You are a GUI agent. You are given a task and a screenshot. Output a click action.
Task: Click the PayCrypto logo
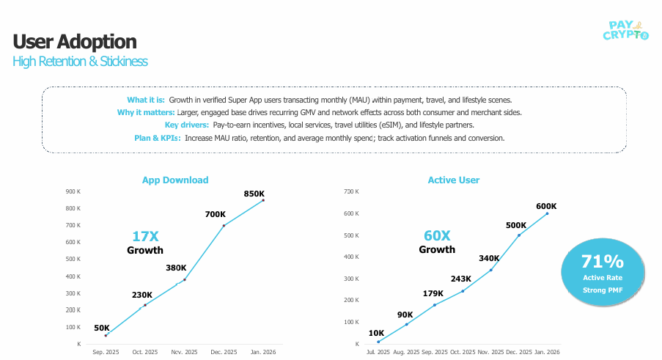pyautogui.click(x=625, y=29)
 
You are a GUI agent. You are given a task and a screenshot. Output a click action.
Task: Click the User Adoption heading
pyautogui.click(x=75, y=41)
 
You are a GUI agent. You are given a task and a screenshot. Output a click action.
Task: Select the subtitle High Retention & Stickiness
pyautogui.click(x=80, y=62)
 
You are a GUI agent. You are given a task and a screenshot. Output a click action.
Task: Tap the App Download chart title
pyautogui.click(x=175, y=180)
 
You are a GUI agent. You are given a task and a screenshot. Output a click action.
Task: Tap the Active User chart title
pyautogui.click(x=454, y=180)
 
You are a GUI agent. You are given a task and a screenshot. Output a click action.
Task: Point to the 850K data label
pyautogui.click(x=254, y=194)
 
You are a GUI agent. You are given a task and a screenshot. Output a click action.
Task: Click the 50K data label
pyautogui.click(x=102, y=328)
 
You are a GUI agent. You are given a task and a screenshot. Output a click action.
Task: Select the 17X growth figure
pyautogui.click(x=145, y=236)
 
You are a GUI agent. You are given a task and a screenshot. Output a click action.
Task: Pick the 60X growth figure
pyautogui.click(x=437, y=235)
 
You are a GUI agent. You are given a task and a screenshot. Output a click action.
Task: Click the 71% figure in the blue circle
pyautogui.click(x=602, y=262)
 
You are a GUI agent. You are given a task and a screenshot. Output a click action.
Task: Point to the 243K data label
pyautogui.click(x=461, y=279)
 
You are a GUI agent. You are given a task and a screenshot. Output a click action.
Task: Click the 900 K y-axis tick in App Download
pyautogui.click(x=73, y=192)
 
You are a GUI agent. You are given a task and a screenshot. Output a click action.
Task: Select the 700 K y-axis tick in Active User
pyautogui.click(x=352, y=191)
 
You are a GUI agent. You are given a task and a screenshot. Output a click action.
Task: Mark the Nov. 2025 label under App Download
pyautogui.click(x=184, y=353)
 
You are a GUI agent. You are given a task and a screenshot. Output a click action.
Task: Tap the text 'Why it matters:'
pyautogui.click(x=146, y=112)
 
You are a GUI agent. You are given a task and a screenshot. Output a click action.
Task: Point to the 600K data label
pyautogui.click(x=546, y=206)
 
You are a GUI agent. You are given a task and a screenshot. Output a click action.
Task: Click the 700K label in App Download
pyautogui.click(x=216, y=214)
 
